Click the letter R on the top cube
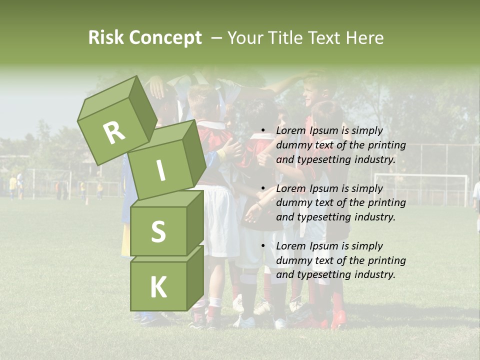coord(114,132)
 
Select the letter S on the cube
coord(158,231)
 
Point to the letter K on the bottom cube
coord(158,287)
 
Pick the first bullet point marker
coord(263,131)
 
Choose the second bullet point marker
coord(263,189)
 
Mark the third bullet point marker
coord(263,246)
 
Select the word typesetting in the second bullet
coord(322,217)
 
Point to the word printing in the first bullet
coord(387,145)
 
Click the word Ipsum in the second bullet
coord(325,188)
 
